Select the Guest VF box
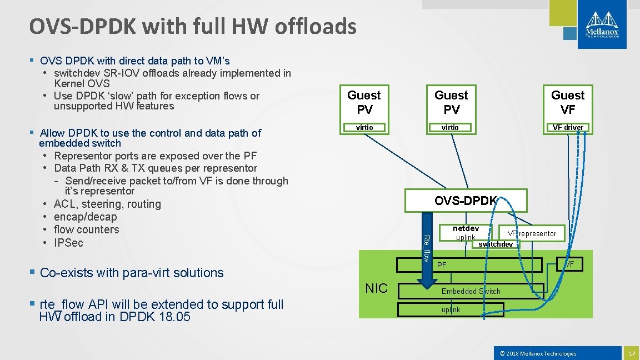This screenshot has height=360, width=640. coord(568,102)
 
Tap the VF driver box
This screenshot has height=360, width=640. coord(568,127)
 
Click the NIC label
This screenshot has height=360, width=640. coord(376,288)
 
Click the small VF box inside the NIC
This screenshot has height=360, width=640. coord(571,263)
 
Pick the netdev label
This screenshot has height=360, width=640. coord(466,229)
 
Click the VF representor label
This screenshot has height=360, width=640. coord(532,233)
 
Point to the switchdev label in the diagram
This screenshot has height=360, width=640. coord(496,244)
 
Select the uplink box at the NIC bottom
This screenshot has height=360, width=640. coord(451,309)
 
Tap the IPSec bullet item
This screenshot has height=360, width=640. coord(68,243)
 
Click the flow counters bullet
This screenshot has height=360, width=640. coord(86,229)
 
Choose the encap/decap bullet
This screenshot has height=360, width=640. coord(85,217)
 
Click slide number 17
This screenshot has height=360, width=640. coord(631,353)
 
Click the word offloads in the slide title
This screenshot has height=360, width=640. coord(312,26)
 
